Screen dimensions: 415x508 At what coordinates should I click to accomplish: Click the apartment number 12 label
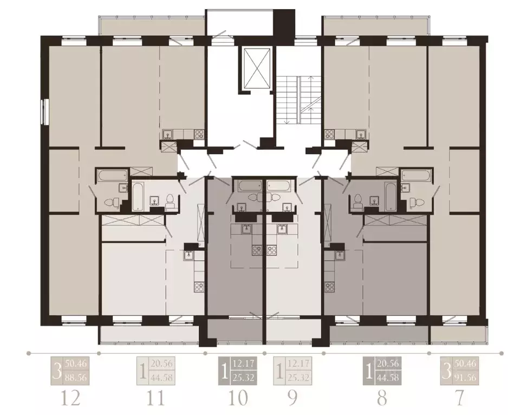point(71,399)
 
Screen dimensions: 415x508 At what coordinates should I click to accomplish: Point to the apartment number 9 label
point(292,399)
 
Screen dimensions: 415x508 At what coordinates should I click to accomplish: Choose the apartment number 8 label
point(382,399)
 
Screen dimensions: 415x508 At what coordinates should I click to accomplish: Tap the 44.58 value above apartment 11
point(162,377)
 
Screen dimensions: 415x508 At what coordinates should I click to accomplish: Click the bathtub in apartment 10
point(249,185)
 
